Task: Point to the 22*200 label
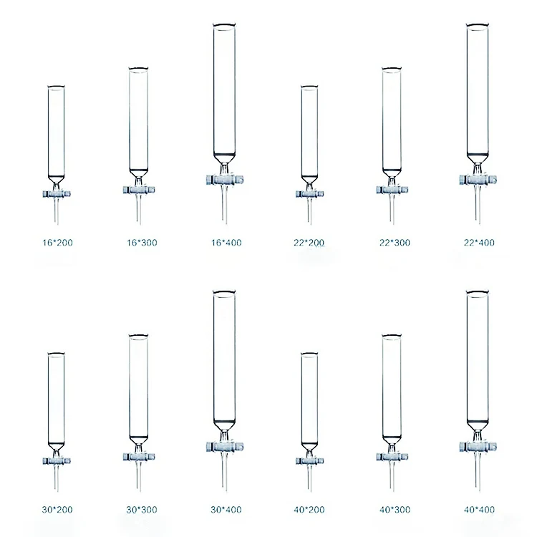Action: (309, 243)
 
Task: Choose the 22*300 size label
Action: (394, 243)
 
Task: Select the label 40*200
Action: (309, 510)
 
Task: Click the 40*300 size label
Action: (394, 510)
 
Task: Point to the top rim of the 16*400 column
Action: (224, 26)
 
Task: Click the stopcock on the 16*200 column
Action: (56, 193)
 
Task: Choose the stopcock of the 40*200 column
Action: (309, 460)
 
